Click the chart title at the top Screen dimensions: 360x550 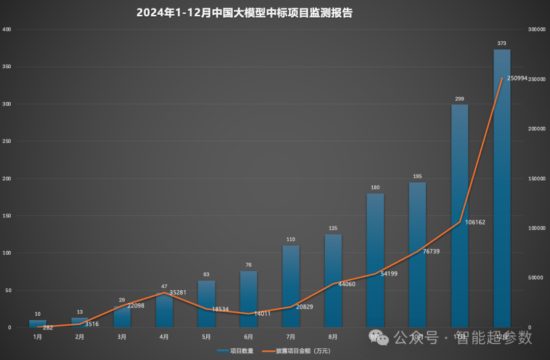pyautogui.click(x=244, y=13)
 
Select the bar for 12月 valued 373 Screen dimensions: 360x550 pyautogui.click(x=502, y=188)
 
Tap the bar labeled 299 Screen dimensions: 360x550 pyautogui.click(x=459, y=214)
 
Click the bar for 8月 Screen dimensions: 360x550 pyautogui.click(x=333, y=280)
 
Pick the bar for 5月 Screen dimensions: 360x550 pyautogui.click(x=206, y=303)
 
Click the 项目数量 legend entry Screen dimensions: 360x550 pyautogui.click(x=236, y=351)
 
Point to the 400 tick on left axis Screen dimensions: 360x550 pyautogui.click(x=7, y=30)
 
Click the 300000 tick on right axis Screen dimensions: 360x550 pyautogui.click(x=536, y=30)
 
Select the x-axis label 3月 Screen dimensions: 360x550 pyautogui.click(x=122, y=337)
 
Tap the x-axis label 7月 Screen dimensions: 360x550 pyautogui.click(x=291, y=337)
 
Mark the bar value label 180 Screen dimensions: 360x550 pyautogui.click(x=375, y=187)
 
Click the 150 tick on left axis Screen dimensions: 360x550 pyautogui.click(x=7, y=216)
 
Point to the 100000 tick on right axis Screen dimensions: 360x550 pyautogui.click(x=536, y=228)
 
